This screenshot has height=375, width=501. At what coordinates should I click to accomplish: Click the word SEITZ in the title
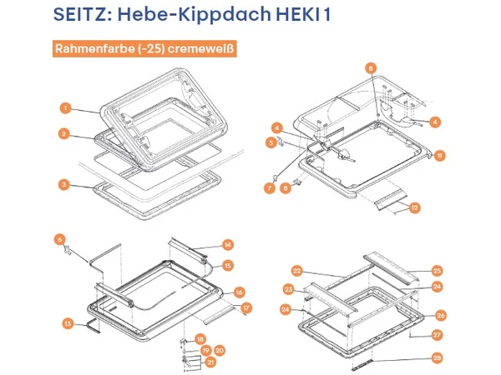86,16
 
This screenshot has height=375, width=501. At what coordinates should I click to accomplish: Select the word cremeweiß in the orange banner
200,49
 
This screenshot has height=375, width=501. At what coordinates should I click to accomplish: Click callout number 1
63,107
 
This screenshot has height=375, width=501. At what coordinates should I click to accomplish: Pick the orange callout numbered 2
63,133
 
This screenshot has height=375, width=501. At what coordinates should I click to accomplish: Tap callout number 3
63,184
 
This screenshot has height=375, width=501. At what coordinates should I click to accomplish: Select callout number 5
272,143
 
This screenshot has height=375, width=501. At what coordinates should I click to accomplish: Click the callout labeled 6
60,239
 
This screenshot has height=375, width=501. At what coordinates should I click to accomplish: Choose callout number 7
270,189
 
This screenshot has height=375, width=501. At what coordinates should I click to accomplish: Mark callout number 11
439,155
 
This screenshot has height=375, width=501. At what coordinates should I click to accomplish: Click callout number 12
414,207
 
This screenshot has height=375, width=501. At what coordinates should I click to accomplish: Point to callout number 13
68,322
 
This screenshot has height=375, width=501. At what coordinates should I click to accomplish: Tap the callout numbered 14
227,245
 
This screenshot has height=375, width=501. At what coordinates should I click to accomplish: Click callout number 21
210,362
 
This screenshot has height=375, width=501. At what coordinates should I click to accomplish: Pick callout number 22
296,270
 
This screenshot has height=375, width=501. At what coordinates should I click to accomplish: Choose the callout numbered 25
436,270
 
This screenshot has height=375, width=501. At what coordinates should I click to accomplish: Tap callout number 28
436,358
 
